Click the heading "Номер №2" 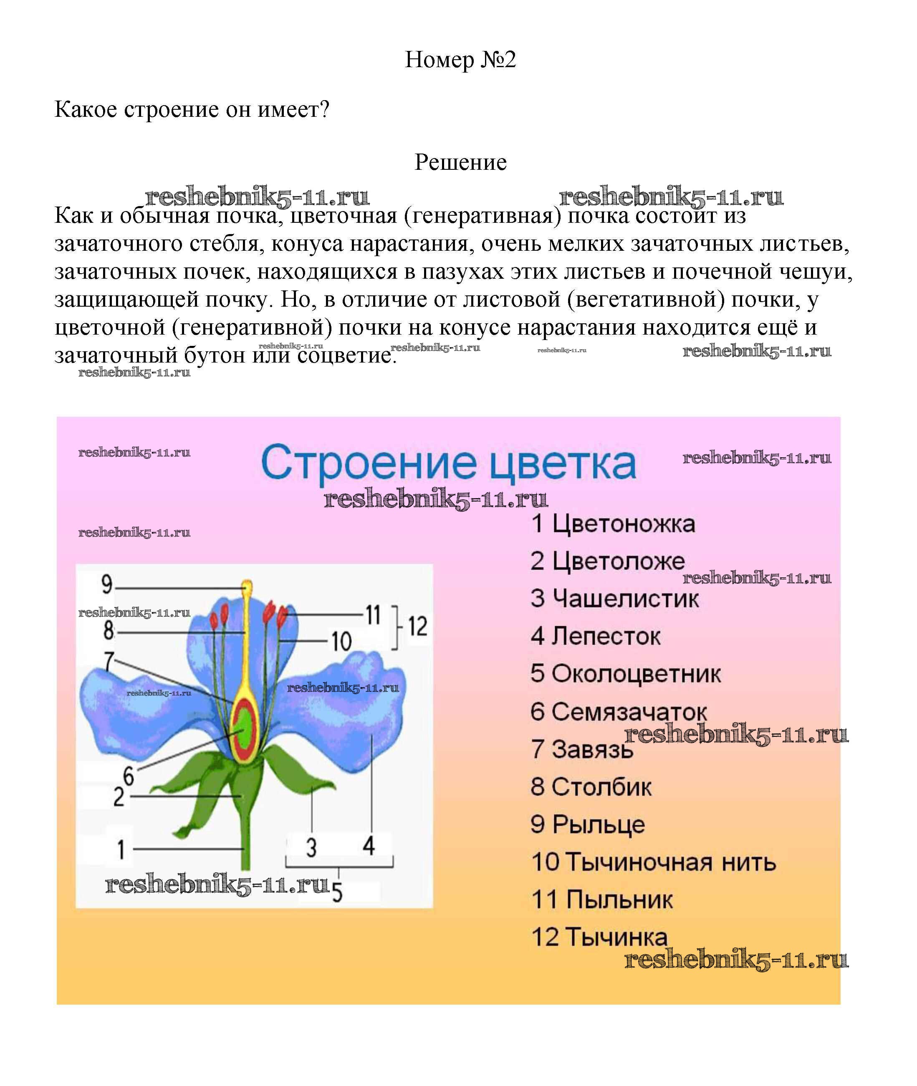(460, 60)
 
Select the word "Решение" (460, 163)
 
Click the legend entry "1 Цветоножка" (613, 524)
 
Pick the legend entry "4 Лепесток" (596, 636)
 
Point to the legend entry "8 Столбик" (591, 787)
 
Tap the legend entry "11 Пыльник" (602, 900)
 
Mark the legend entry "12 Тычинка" (599, 937)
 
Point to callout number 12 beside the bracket (417, 626)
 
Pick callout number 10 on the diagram (341, 642)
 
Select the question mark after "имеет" (325, 110)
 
